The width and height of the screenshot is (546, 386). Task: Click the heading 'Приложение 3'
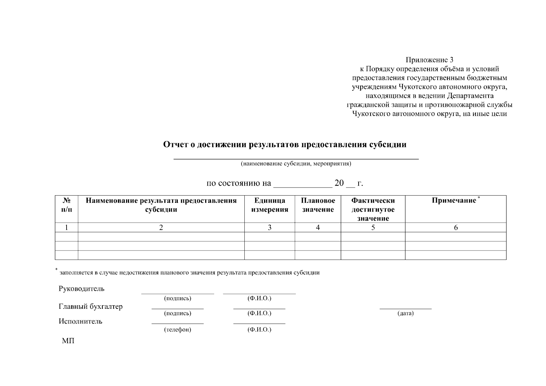(429, 60)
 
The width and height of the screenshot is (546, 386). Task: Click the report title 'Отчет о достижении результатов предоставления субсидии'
(285, 145)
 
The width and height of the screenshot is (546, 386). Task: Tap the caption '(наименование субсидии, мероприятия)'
(296, 164)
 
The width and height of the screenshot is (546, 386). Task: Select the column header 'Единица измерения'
(269, 205)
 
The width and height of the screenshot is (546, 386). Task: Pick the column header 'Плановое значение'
(318, 205)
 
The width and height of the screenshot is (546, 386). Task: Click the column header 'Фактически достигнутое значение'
(373, 209)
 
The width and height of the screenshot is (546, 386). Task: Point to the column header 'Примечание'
(454, 201)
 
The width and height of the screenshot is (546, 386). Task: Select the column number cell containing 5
(373, 227)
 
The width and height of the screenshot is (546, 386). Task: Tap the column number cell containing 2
(161, 227)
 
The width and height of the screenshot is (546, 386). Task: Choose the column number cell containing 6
(456, 227)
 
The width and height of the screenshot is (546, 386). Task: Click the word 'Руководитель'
(81, 289)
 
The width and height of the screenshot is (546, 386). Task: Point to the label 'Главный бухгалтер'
(90, 307)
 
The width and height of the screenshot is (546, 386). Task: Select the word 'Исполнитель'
(80, 321)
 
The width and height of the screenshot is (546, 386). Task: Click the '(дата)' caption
(405, 313)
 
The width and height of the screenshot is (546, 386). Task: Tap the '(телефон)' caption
(177, 330)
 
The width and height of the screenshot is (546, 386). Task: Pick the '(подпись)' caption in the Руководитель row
(177, 299)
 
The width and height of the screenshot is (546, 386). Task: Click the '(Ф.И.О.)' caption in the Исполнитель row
(259, 330)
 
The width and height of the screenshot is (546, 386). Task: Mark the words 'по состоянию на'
(239, 184)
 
